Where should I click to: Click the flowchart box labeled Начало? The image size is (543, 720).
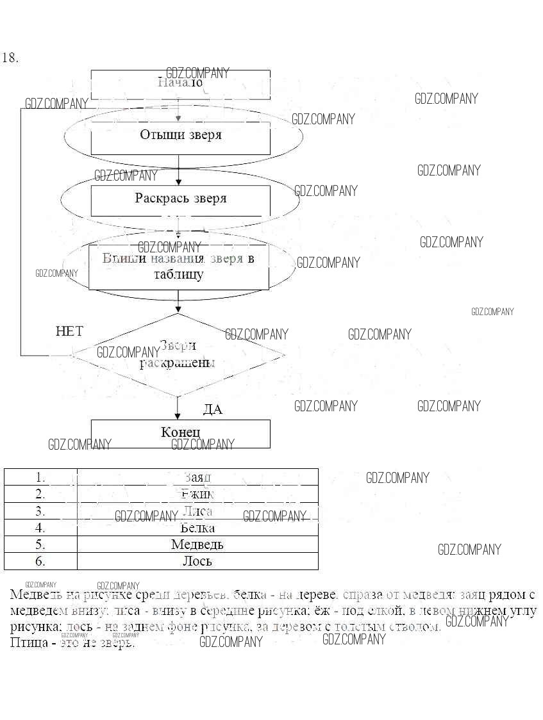[x=180, y=84]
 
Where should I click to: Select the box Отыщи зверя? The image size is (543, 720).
[x=180, y=135]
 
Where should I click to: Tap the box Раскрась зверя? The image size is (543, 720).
[x=180, y=199]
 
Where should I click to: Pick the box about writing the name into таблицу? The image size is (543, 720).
[x=178, y=266]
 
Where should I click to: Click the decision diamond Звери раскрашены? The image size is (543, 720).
[x=178, y=354]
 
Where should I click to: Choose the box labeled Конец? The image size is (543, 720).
[x=180, y=433]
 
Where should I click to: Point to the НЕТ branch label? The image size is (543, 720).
[x=69, y=331]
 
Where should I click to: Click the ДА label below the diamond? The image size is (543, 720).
[x=212, y=410]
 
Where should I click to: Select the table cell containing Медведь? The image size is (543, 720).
[x=197, y=544]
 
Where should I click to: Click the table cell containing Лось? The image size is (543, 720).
[x=197, y=561]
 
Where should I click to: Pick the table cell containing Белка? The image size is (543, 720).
[x=197, y=528]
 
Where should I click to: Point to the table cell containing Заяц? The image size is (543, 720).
[x=197, y=477]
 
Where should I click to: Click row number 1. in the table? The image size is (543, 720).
[x=40, y=477]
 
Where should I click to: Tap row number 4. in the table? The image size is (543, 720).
[x=40, y=528]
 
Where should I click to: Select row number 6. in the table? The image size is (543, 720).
[x=40, y=561]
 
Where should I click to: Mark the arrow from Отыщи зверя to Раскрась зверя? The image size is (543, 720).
[x=179, y=170]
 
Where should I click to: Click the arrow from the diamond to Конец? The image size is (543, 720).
[x=178, y=408]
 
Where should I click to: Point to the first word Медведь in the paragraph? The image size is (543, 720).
[x=37, y=594]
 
